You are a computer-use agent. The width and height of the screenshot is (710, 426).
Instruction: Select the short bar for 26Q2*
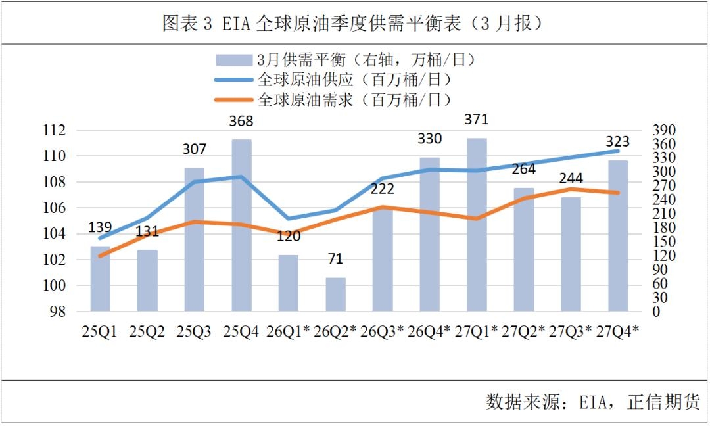[x=335, y=295]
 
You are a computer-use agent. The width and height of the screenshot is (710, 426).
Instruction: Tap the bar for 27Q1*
[x=477, y=224]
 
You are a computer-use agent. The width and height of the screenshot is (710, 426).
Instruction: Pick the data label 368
[x=241, y=122]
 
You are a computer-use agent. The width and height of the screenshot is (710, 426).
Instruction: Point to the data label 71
[x=335, y=258]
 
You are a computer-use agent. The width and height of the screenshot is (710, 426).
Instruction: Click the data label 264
[x=523, y=169]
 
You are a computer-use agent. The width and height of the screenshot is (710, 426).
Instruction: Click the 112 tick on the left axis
[x=55, y=130]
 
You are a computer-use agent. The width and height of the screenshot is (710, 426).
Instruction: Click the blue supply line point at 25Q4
[x=241, y=176]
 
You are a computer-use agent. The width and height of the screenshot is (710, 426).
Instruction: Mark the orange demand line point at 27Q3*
[x=571, y=189]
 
